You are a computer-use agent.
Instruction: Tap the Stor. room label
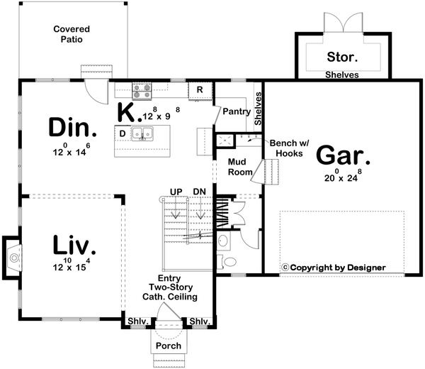pos(342,56)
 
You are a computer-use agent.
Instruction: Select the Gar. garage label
pos(344,154)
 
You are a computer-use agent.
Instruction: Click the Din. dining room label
pos(73,128)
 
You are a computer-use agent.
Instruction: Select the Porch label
pos(169,346)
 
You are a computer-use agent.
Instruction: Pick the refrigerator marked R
pos(200,90)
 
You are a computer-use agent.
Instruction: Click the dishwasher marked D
pos(123,133)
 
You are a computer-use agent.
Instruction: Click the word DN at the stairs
pos(199,191)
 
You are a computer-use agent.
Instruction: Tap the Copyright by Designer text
pos(334,268)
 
